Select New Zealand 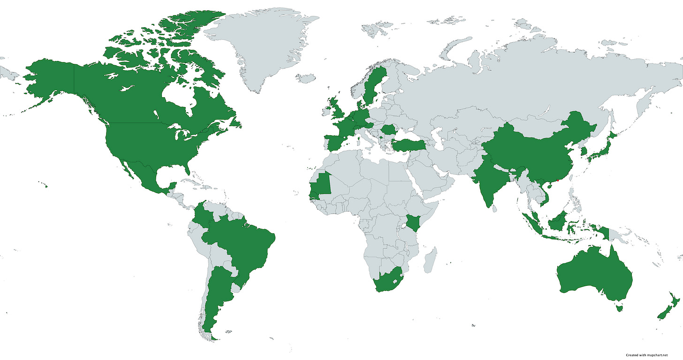668,310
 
